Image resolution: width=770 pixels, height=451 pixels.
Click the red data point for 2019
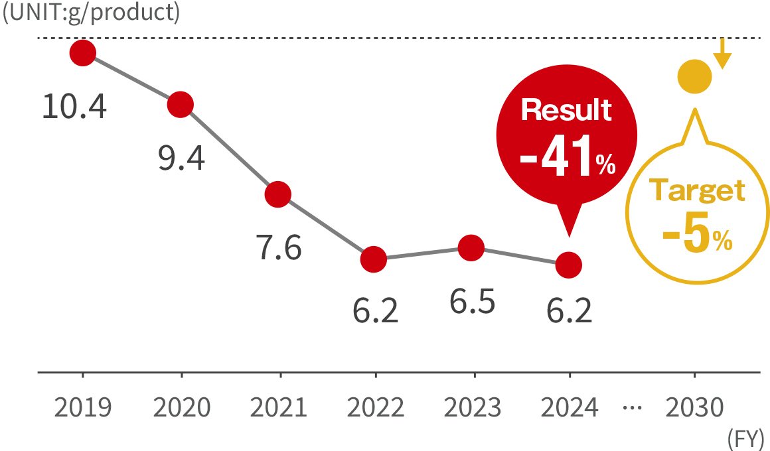tap(82, 52)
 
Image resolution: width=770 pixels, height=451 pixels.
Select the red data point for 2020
tap(181, 104)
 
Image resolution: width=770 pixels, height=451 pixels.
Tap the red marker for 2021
tap(278, 194)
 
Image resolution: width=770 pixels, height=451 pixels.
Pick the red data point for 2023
tap(471, 248)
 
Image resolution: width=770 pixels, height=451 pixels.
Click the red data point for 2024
tap(569, 265)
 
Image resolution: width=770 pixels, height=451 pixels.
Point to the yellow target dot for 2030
tap(694, 77)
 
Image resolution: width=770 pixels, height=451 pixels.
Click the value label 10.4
tap(74, 106)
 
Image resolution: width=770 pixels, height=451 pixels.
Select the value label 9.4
tap(181, 159)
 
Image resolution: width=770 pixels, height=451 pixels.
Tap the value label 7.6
tap(279, 249)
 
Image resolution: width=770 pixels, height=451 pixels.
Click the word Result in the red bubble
tap(566, 110)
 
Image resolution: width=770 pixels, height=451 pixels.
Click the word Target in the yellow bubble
tap(696, 191)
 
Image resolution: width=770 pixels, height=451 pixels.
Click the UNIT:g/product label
tap(91, 14)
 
